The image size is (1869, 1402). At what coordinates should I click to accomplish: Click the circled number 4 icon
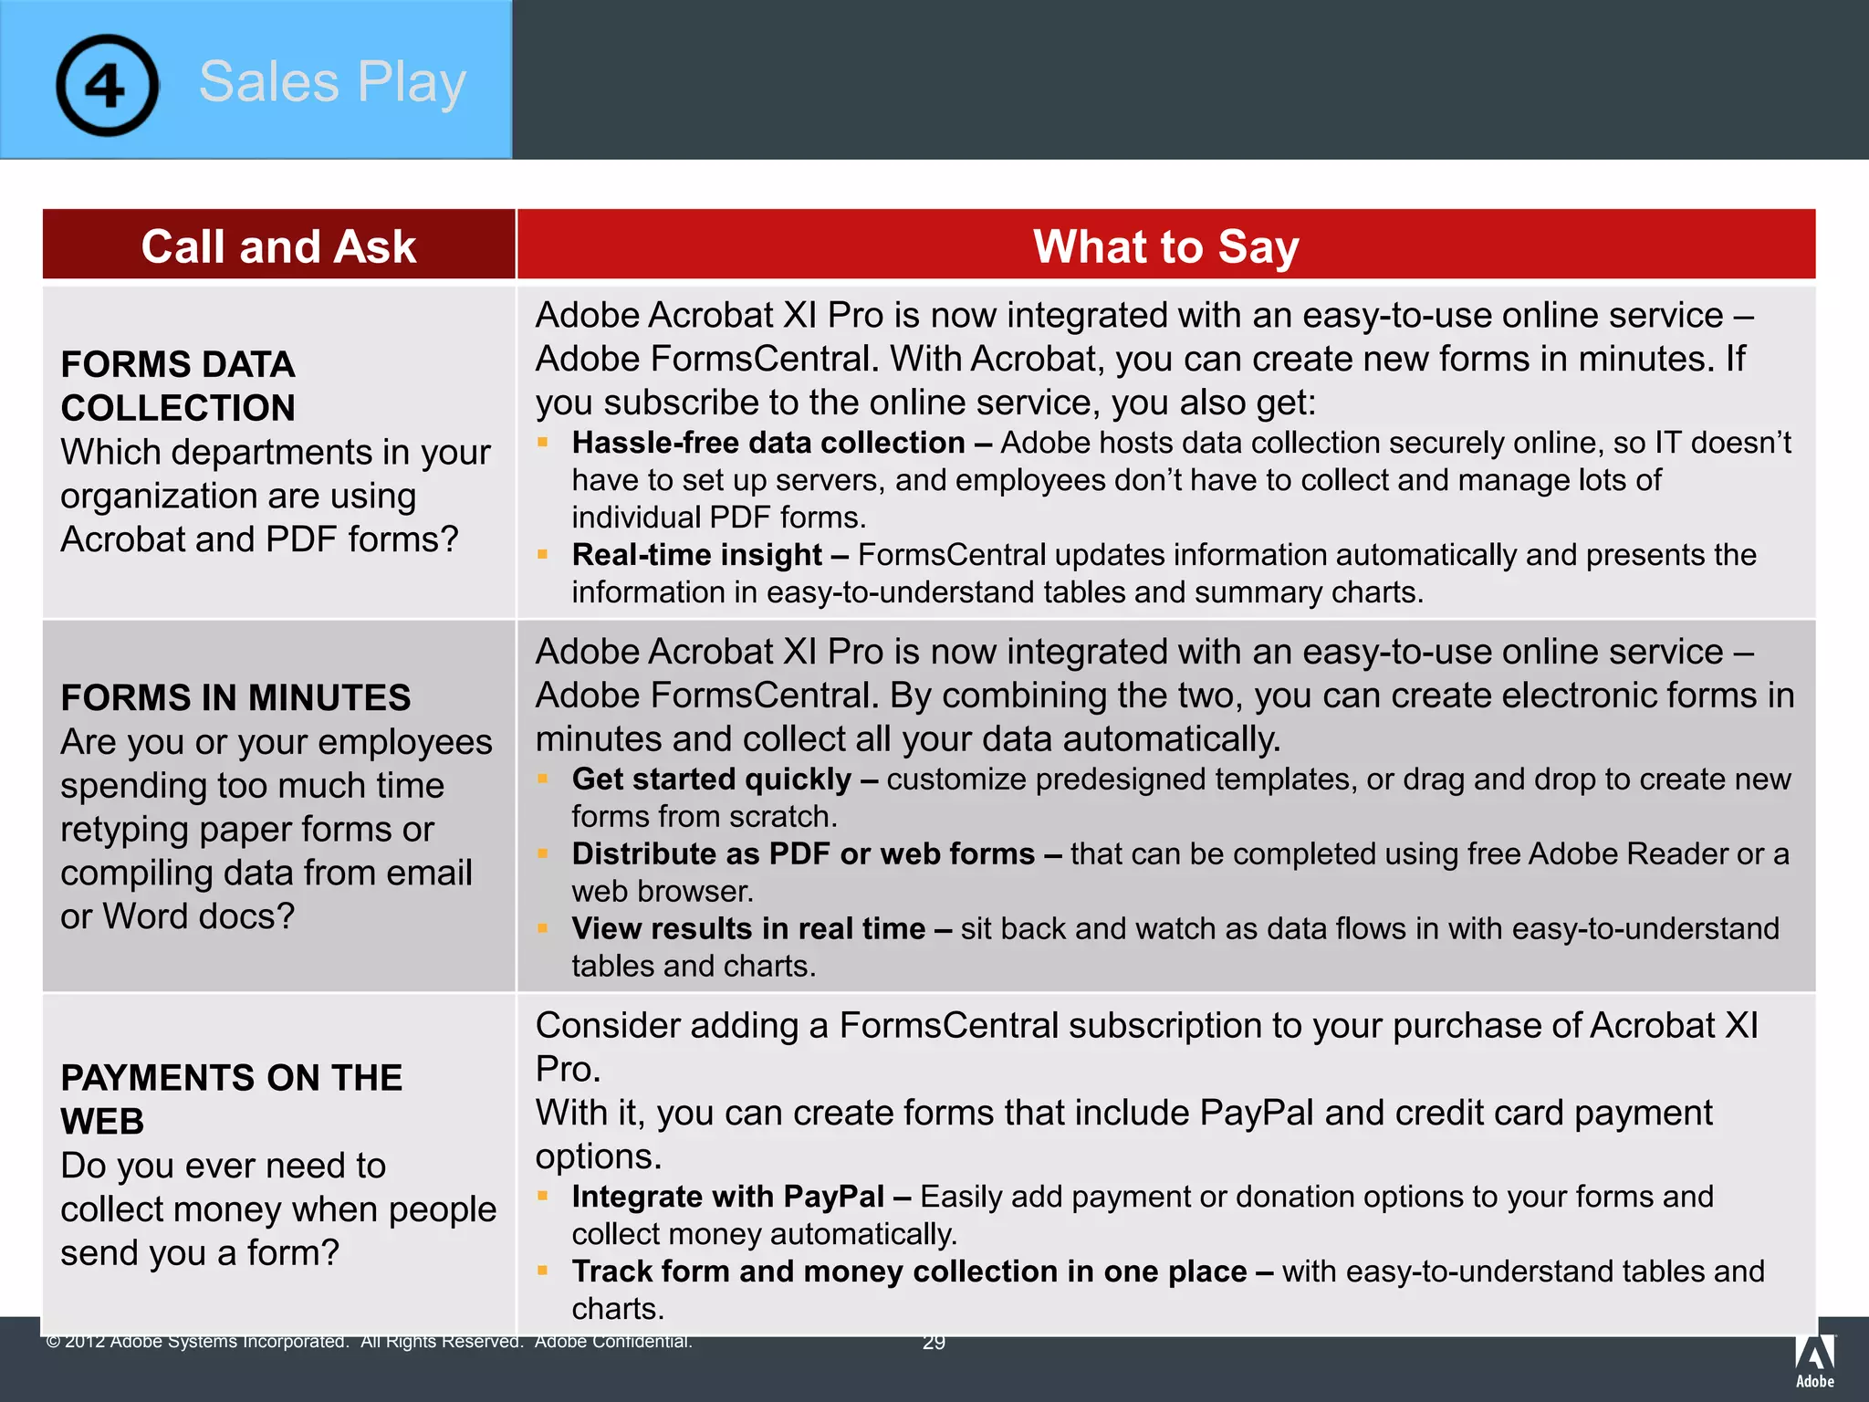(107, 85)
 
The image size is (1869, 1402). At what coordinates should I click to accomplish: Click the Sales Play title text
(332, 82)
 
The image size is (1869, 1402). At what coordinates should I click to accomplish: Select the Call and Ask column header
(278, 246)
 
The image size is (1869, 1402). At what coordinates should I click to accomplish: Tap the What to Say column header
(1165, 246)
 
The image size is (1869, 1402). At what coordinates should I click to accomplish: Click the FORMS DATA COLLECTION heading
(178, 386)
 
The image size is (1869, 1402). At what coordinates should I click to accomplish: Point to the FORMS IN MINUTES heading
(235, 698)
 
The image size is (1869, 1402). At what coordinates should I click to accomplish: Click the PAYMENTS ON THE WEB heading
(231, 1099)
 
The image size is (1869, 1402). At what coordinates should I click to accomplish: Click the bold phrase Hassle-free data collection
(767, 443)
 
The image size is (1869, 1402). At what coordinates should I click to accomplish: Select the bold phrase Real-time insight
(697, 555)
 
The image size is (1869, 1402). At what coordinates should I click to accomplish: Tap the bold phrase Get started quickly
(711, 779)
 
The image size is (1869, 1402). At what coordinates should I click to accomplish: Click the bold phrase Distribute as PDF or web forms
(803, 854)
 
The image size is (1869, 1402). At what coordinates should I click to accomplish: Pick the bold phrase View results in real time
(748, 929)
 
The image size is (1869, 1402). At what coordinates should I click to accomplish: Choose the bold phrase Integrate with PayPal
(727, 1197)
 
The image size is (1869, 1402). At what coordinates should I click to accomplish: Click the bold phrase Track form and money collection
(909, 1271)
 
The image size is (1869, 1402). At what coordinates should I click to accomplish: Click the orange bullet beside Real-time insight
(543, 554)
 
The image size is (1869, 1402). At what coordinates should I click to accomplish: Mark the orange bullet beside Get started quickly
(543, 779)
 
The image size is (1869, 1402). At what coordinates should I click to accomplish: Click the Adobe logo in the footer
(1814, 1360)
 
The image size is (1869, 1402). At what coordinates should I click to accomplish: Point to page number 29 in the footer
(934, 1343)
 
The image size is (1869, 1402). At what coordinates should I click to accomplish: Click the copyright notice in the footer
(370, 1342)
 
